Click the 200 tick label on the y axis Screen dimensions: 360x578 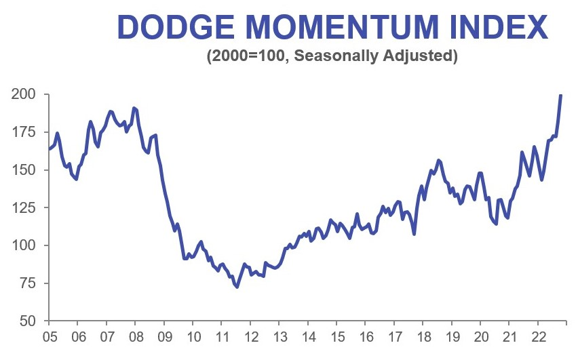click(x=24, y=94)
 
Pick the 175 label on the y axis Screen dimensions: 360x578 click(x=24, y=132)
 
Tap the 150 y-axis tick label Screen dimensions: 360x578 click(x=24, y=170)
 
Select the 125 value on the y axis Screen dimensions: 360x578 click(x=24, y=207)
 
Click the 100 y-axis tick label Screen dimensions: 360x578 click(x=24, y=245)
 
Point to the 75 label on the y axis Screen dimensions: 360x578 click(x=28, y=283)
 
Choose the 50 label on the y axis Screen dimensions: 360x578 click(x=28, y=321)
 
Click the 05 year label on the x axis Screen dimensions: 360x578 click(x=49, y=337)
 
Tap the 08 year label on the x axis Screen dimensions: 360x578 click(x=135, y=337)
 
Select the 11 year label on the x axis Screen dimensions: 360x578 click(x=222, y=337)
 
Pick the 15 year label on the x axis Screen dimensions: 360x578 click(x=336, y=337)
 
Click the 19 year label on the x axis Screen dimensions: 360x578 click(x=451, y=337)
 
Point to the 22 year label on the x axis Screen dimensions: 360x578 click(x=537, y=337)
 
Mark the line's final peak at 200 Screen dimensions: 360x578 click(x=561, y=95)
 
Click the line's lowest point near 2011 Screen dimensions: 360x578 click(x=237, y=287)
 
